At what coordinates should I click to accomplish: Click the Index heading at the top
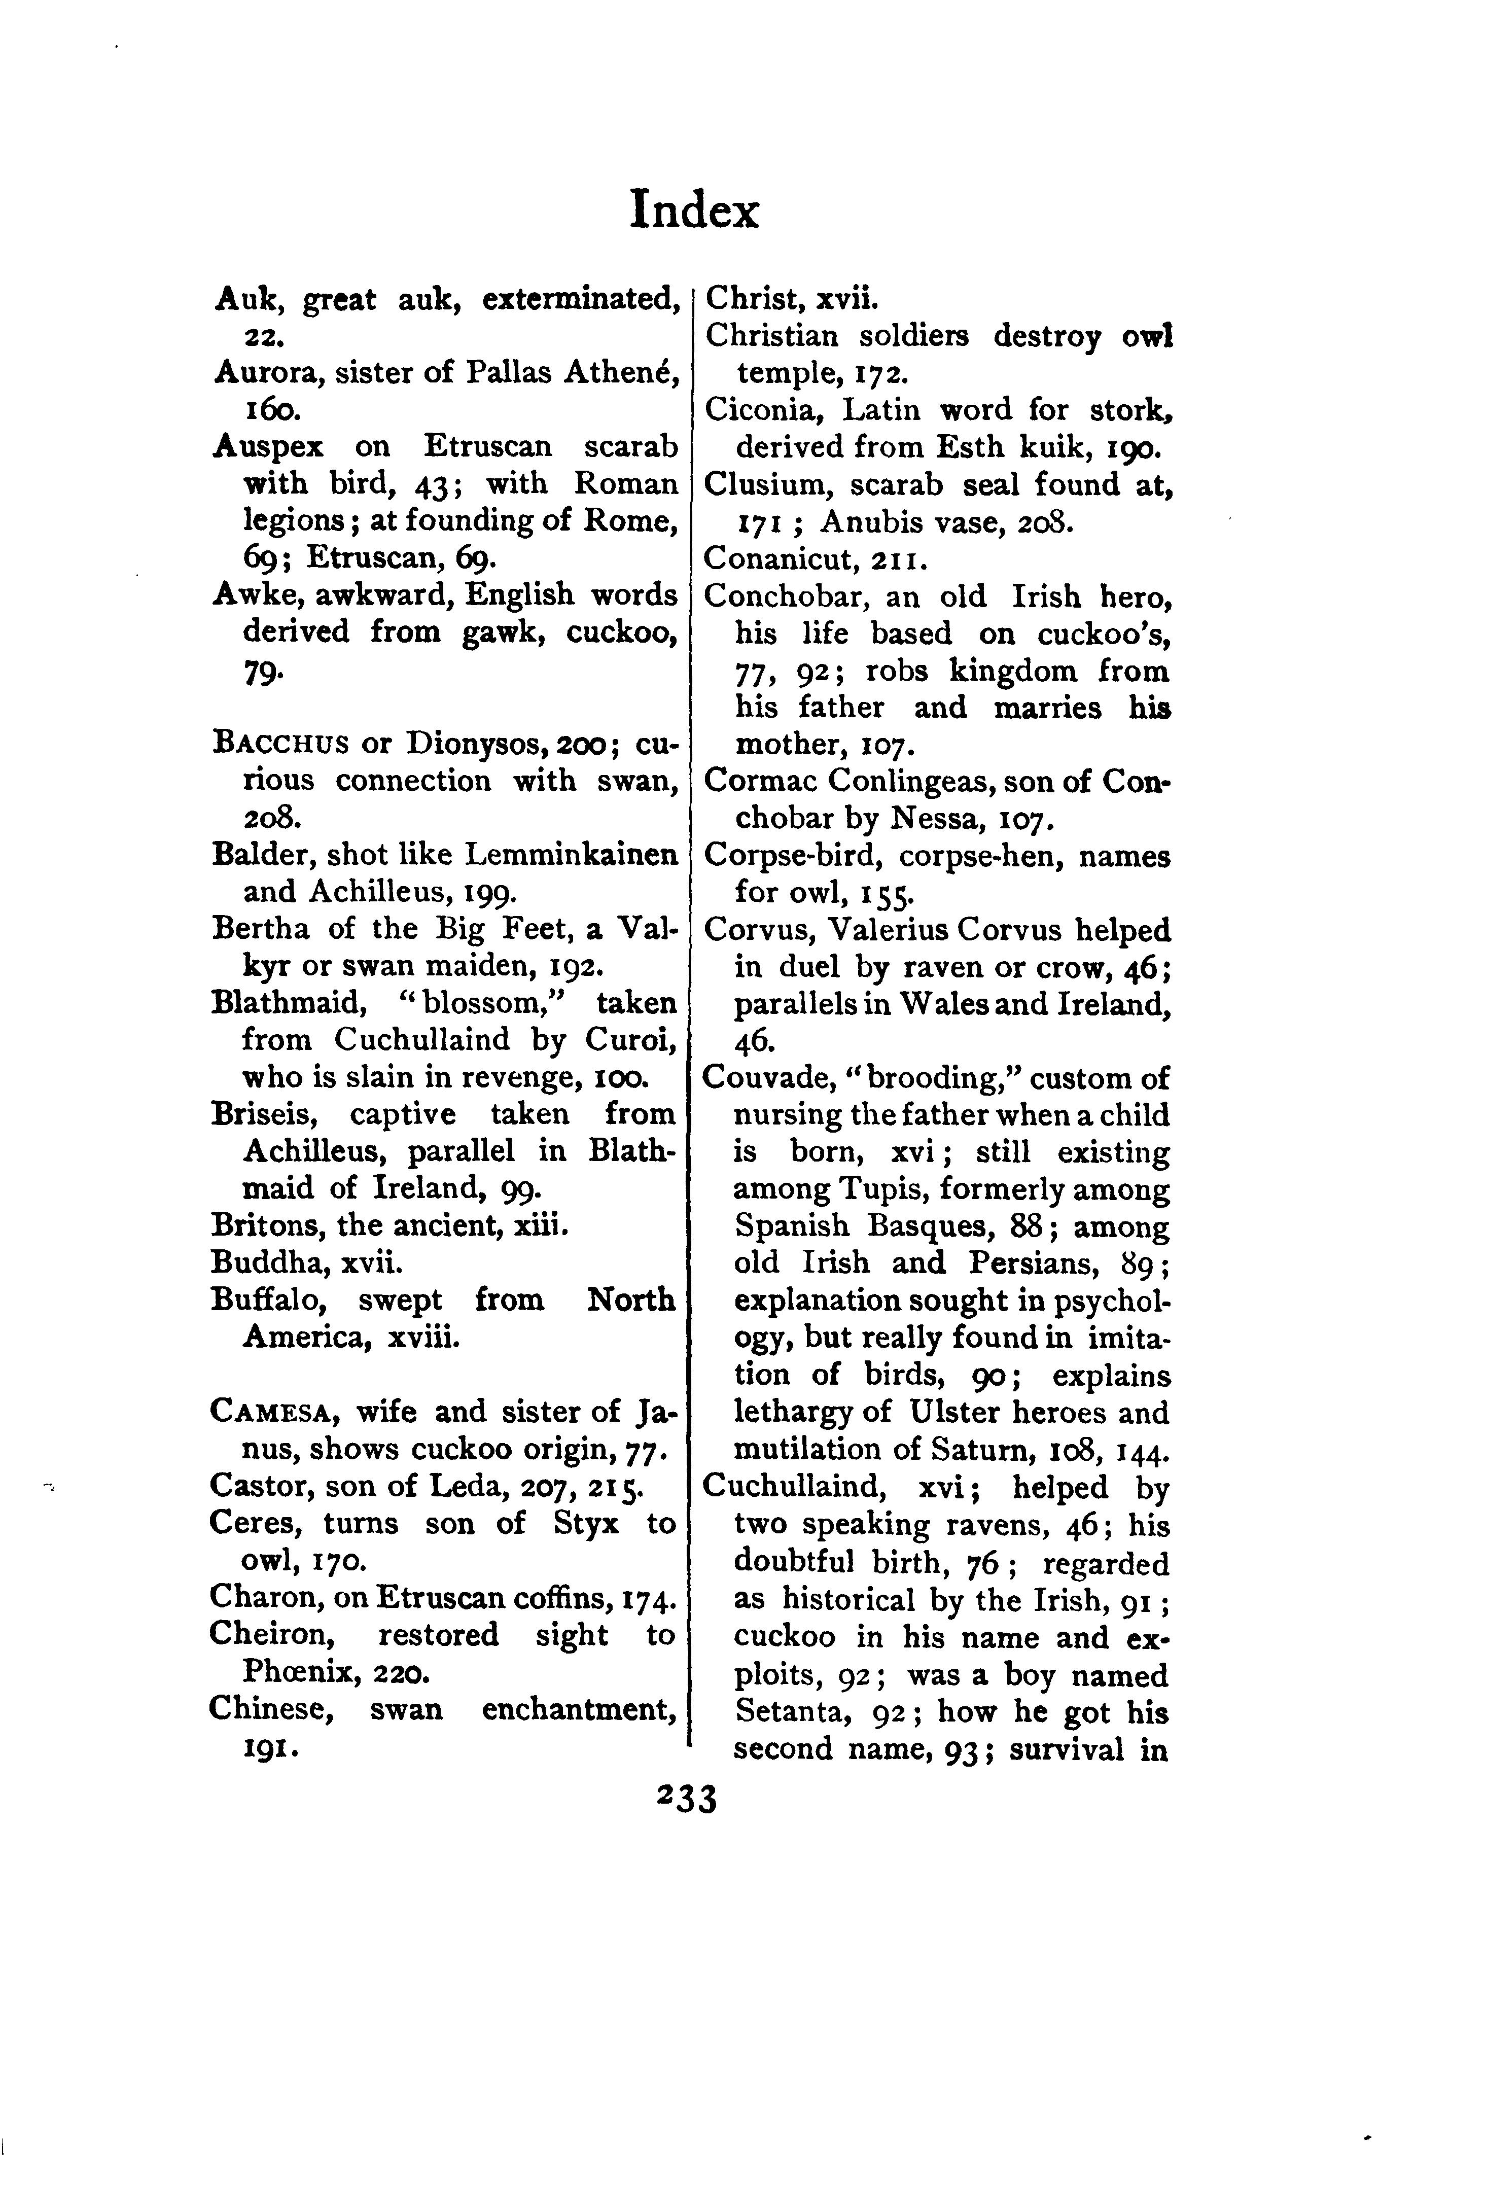coord(695,210)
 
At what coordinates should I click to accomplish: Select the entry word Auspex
coord(269,446)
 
